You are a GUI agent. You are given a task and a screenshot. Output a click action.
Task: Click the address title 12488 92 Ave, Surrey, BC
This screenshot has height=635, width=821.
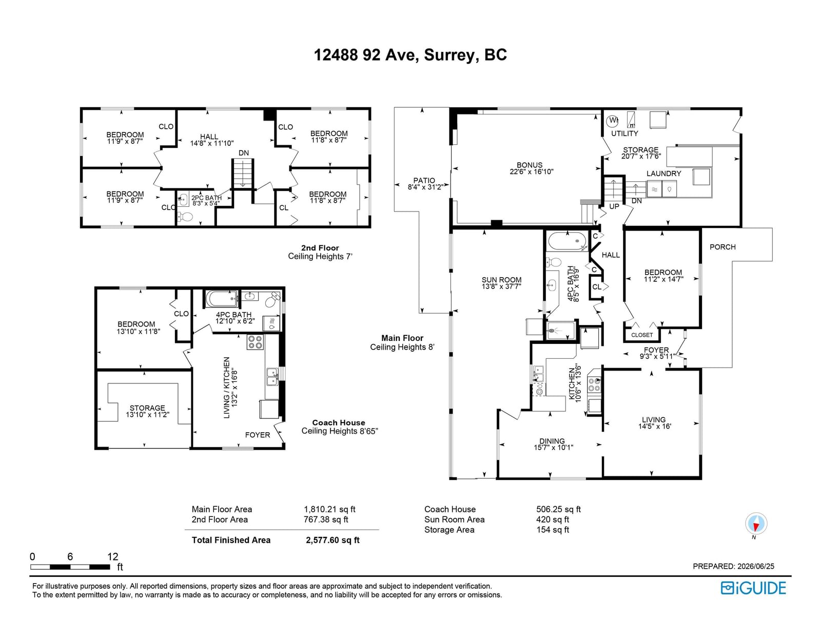point(410,55)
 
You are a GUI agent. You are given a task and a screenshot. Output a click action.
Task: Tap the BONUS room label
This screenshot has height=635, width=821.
point(530,165)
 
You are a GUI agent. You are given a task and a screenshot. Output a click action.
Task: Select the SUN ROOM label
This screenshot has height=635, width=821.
point(501,280)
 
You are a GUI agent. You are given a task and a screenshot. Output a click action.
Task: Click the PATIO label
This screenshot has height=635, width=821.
point(424,181)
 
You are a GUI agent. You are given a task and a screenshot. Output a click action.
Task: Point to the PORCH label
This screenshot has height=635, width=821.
point(722,247)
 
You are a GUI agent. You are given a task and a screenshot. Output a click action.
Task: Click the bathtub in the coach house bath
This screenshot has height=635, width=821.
point(221,299)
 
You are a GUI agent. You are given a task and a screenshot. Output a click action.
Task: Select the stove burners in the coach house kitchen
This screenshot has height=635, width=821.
point(255,342)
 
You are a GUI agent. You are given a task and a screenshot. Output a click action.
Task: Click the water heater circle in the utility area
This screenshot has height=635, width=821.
point(612,121)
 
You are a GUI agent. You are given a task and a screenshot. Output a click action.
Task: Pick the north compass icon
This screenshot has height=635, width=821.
point(756,524)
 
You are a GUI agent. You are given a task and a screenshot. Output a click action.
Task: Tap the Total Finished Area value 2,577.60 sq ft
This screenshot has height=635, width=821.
point(333,540)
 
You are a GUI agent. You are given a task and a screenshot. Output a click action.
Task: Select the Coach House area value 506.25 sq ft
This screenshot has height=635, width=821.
point(558,509)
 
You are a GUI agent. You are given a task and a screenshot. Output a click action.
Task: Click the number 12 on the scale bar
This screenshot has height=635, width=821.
point(112,556)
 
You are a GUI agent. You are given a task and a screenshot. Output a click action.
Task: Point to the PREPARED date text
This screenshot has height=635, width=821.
point(733,566)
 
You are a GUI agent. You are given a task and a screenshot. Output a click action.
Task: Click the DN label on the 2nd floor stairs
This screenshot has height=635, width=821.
point(244,153)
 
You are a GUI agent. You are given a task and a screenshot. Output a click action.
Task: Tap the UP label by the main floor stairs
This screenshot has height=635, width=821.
point(614,206)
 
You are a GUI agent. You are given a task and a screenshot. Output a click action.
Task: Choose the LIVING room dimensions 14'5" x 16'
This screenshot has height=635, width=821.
point(654,427)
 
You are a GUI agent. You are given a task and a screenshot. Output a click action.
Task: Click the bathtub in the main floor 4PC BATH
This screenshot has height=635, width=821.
point(567,241)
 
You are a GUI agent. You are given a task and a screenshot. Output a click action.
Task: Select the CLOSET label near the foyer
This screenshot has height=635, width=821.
point(641,335)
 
